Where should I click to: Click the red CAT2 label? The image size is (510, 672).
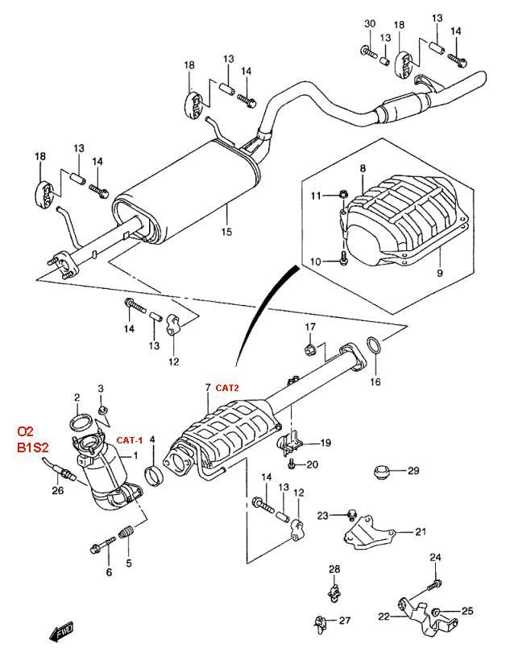coord(227,387)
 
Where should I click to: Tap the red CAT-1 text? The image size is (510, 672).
coord(130,440)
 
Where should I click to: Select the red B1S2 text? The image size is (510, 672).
coord(32,447)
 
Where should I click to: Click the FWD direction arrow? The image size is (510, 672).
coord(61,631)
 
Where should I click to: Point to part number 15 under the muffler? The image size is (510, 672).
coord(226,232)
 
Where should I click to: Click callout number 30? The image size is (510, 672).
coord(370,23)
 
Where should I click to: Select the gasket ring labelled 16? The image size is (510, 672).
coord(375,346)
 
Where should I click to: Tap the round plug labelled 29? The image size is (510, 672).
coord(381,471)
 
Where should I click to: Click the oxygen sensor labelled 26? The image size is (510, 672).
coord(60,470)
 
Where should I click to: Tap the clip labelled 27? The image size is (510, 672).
coord(319,622)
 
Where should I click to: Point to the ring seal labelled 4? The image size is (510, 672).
coord(154,476)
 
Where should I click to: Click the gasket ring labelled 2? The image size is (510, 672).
coord(79,423)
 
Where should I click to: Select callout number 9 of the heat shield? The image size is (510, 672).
coord(439,272)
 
